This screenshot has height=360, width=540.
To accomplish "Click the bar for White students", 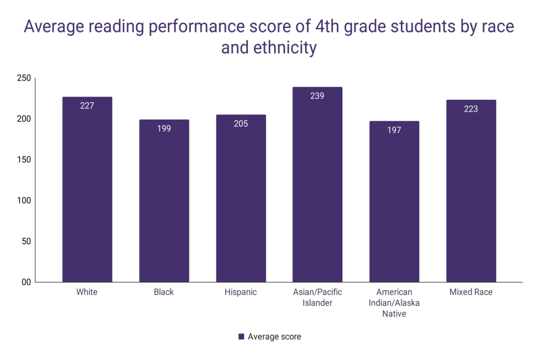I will coord(87,190).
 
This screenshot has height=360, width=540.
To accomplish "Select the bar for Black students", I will coord(164,201).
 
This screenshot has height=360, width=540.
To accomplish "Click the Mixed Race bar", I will coord(471,191).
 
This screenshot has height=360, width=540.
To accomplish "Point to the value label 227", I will coord(87,105).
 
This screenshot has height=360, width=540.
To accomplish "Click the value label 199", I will coord(164,128).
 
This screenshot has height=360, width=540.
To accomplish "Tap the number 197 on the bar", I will coord(394,130).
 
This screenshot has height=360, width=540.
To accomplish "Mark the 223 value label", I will coord(471,109).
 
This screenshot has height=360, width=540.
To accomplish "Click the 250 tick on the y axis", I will coord(25,79).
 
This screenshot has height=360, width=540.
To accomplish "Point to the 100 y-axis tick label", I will coord(25,201).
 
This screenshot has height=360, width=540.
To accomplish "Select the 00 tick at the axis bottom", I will coord(25,282).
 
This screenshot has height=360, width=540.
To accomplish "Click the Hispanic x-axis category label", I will coord(241,292).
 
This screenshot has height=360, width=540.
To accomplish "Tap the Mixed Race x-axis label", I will coord(471,292).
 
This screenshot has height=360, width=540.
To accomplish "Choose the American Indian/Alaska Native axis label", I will coord(394,303).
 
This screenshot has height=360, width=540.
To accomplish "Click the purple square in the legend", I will coord(241,337).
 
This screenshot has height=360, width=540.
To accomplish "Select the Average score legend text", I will coord(274,337).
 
